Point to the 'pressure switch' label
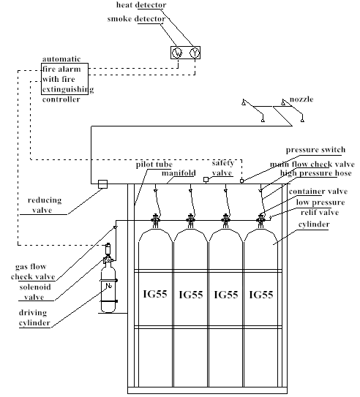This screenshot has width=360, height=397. pos(315,150)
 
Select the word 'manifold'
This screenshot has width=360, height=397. pos(176,175)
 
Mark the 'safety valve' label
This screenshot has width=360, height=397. pos(222,167)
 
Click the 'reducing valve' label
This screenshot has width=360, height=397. pos(45,204)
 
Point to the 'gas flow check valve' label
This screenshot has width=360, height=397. pos(35,271)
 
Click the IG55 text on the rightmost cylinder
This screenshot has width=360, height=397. pos(262,295)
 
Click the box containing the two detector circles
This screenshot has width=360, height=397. pos(185,53)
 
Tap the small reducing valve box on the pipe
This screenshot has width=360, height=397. pos(103,184)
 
